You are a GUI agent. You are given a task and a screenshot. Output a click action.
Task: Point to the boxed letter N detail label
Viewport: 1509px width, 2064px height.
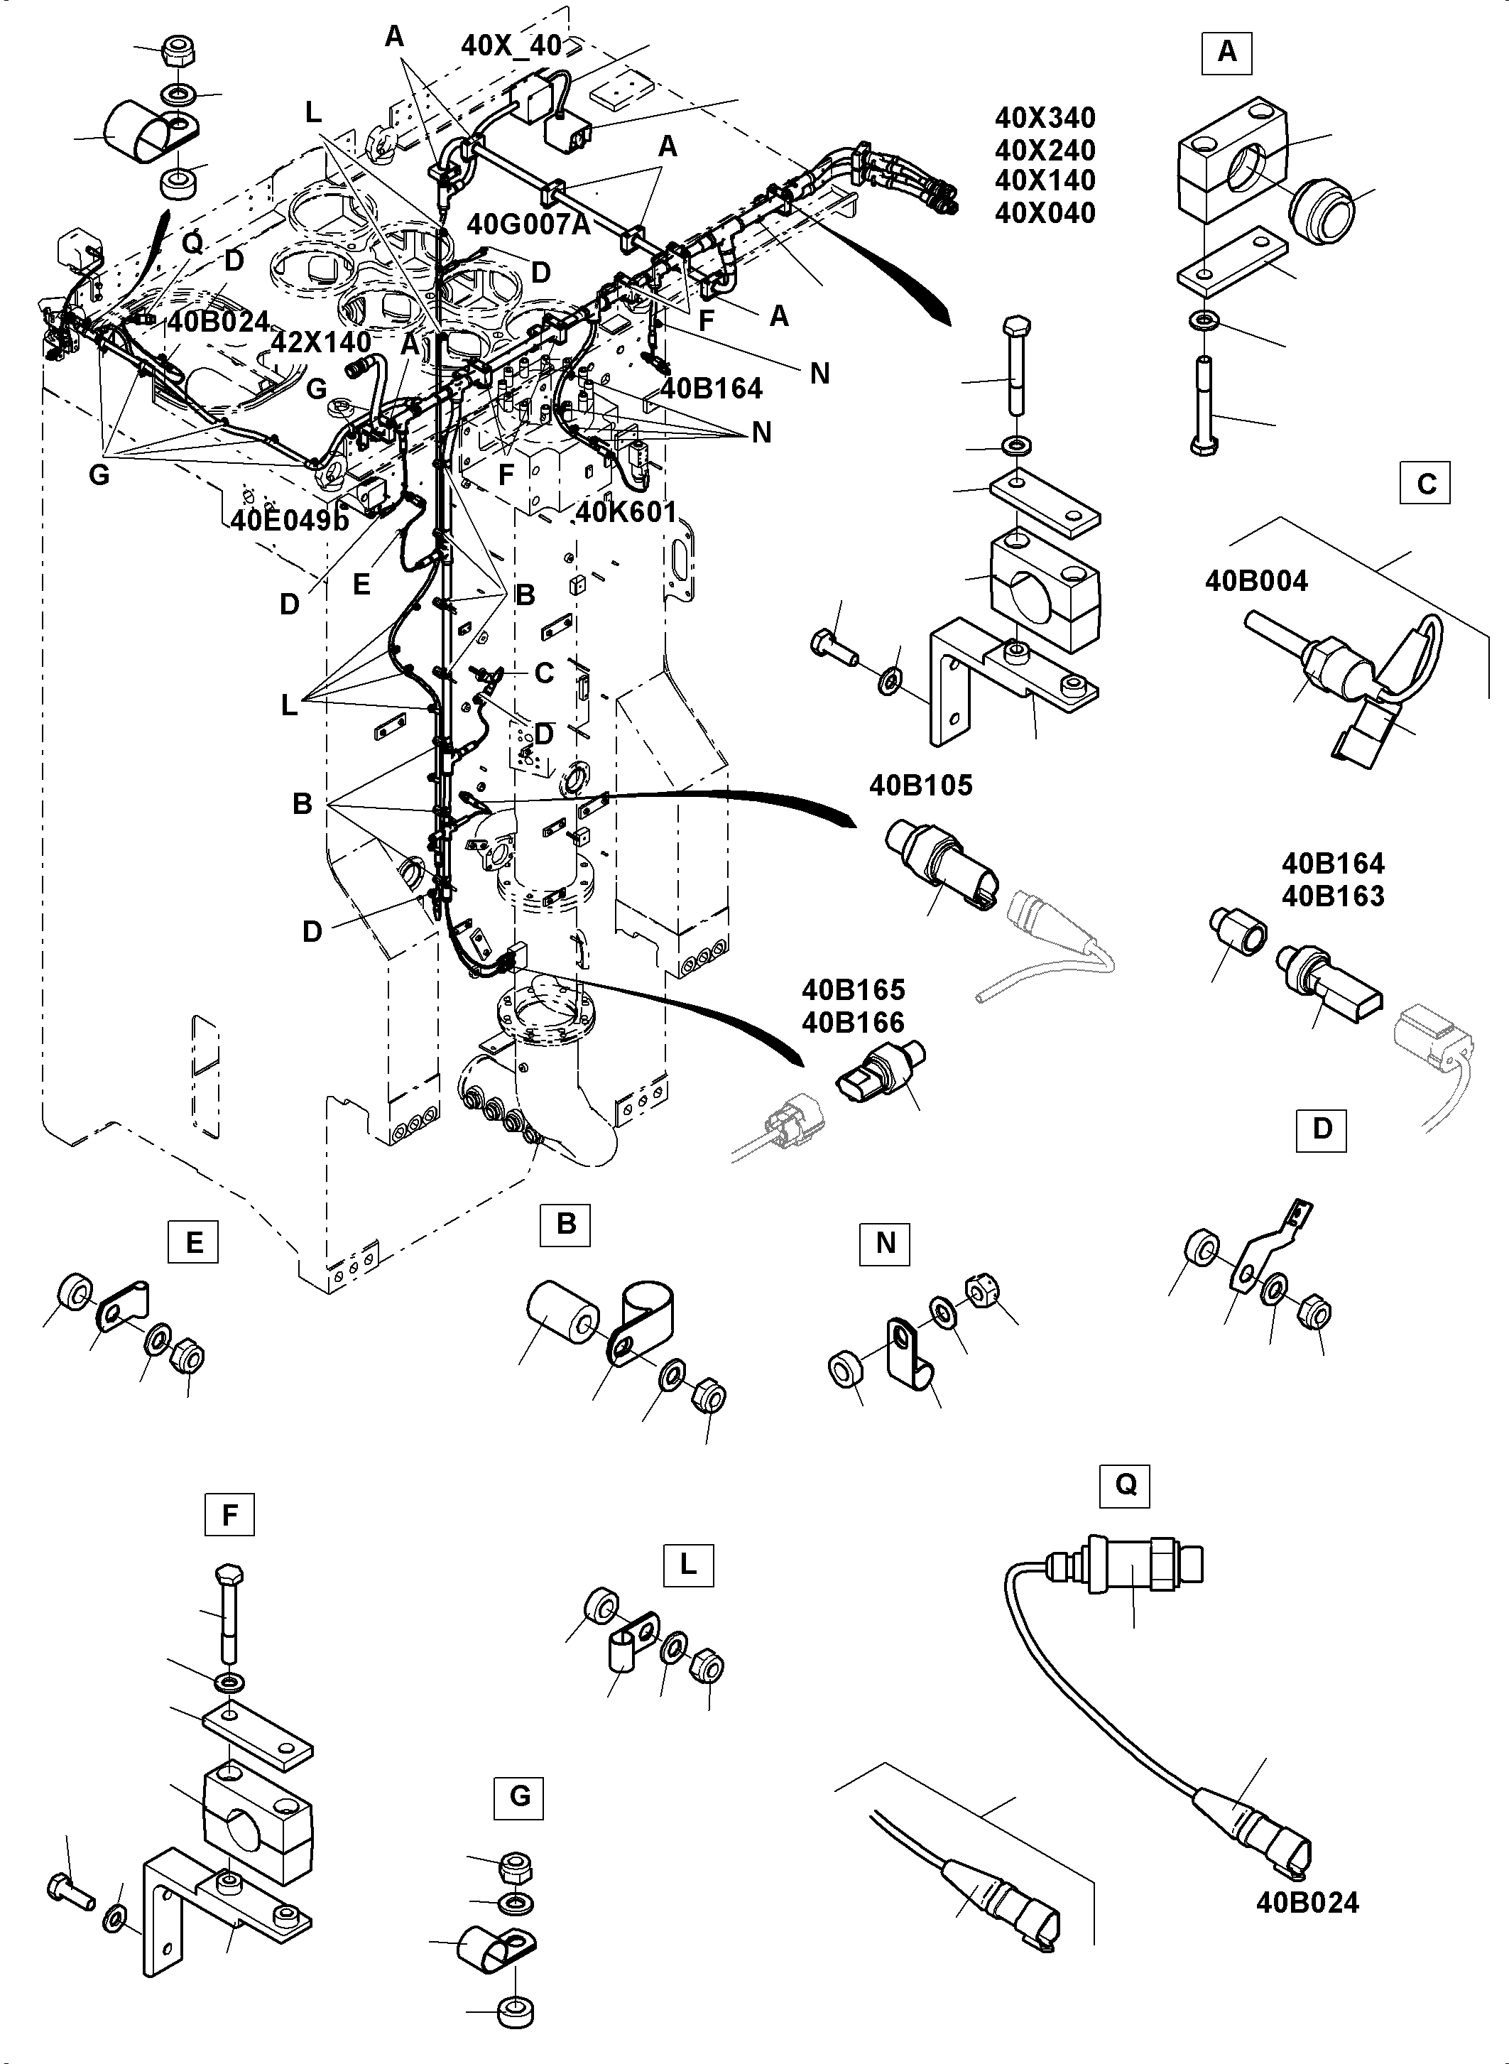point(885,1244)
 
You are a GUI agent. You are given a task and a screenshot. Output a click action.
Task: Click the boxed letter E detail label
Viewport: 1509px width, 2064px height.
point(194,1243)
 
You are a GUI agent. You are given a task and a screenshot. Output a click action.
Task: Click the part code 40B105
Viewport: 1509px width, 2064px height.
point(921,786)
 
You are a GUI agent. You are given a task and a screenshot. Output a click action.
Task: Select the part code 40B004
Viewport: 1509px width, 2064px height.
point(1256,581)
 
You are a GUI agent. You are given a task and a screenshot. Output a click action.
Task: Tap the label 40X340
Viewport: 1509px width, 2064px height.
point(1045,118)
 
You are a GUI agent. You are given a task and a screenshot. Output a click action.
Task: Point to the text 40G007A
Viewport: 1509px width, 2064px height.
point(529,224)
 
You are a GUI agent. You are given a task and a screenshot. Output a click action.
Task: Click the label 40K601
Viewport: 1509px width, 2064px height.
point(626,513)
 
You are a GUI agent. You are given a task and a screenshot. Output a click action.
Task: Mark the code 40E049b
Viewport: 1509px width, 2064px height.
point(290,520)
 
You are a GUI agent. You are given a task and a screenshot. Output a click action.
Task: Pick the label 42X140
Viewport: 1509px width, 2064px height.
point(322,342)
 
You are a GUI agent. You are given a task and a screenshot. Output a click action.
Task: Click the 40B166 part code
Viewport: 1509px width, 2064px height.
point(853,1022)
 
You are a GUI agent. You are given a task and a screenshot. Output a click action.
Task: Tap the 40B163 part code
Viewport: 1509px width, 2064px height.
point(1333,896)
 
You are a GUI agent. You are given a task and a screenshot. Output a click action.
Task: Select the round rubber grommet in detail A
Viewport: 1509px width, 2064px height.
point(1321,212)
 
